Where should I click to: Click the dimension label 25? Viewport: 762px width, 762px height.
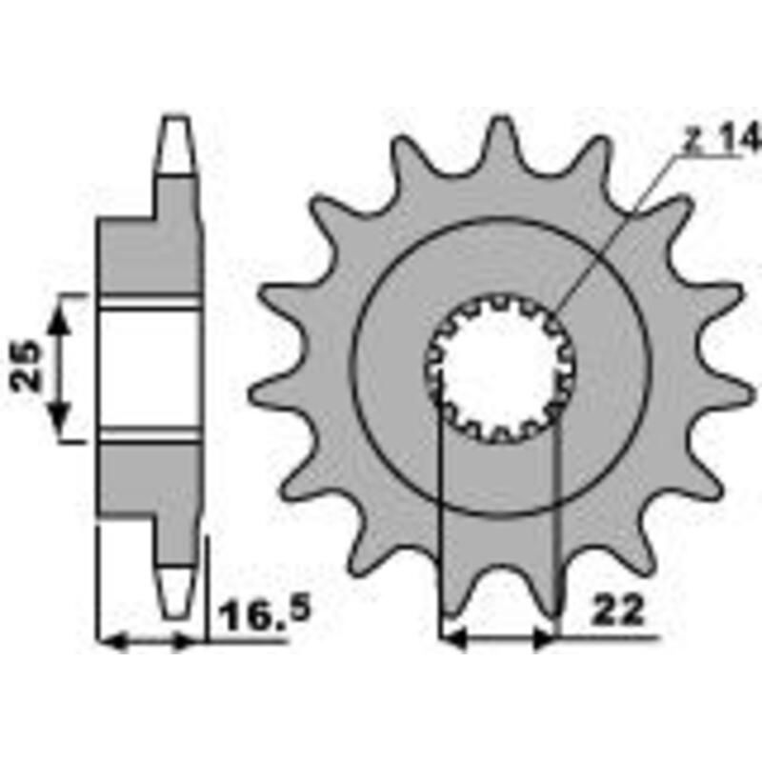pyautogui.click(x=30, y=367)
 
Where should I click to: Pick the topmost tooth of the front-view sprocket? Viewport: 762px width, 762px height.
pyautogui.click(x=503, y=143)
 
